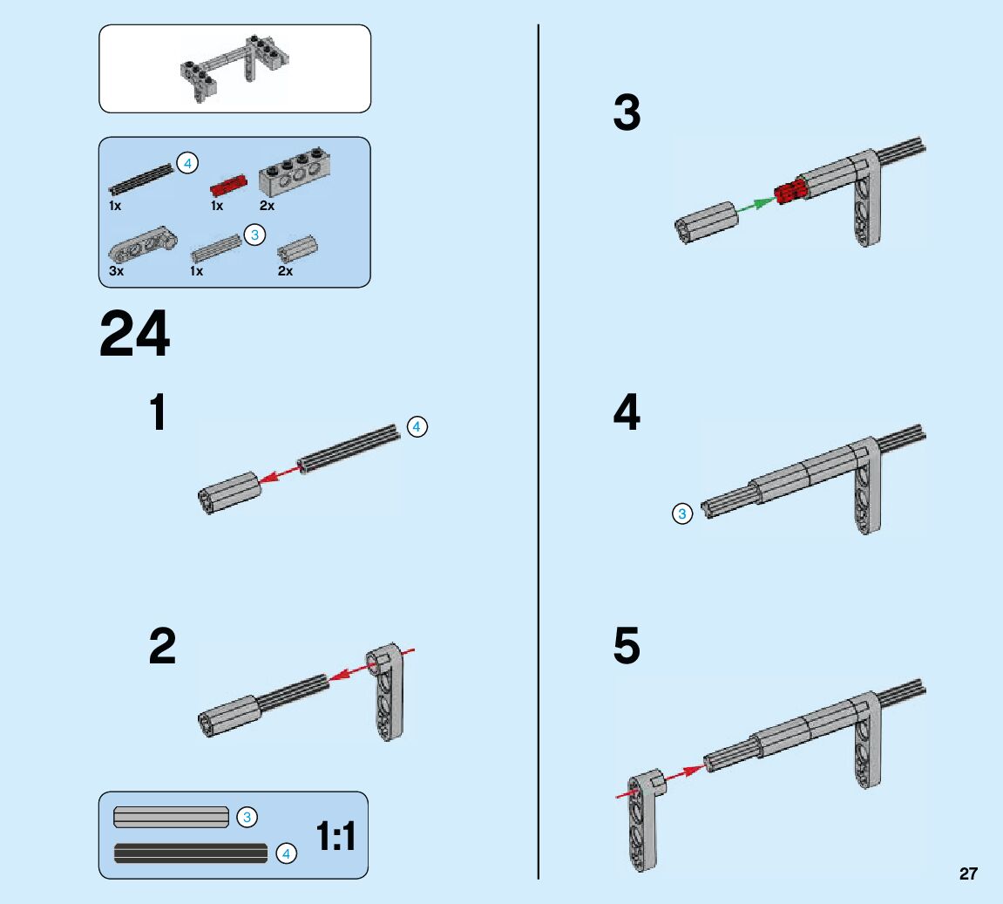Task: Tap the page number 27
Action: (968, 873)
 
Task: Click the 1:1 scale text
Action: (335, 837)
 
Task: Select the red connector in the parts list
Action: (229, 185)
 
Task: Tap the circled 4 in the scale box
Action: (286, 854)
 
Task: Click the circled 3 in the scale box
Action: (247, 817)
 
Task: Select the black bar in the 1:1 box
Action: (191, 853)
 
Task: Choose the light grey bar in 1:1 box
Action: (171, 817)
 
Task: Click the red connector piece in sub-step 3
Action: (789, 191)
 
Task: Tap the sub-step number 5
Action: (627, 648)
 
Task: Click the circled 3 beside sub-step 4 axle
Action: (681, 514)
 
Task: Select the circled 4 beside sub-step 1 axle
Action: (417, 426)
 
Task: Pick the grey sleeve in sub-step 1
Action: (229, 493)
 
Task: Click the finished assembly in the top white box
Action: (234, 70)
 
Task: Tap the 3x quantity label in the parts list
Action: (116, 271)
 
